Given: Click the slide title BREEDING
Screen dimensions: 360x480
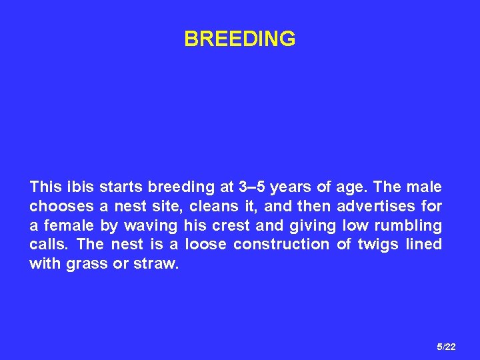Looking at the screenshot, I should point(240,39).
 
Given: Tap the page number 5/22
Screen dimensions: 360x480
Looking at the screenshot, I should point(446,347).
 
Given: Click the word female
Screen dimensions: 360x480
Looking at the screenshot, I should point(69,225).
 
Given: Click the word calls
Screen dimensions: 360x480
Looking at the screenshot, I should point(47,245).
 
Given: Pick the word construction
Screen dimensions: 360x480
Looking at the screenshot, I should point(281,245).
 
